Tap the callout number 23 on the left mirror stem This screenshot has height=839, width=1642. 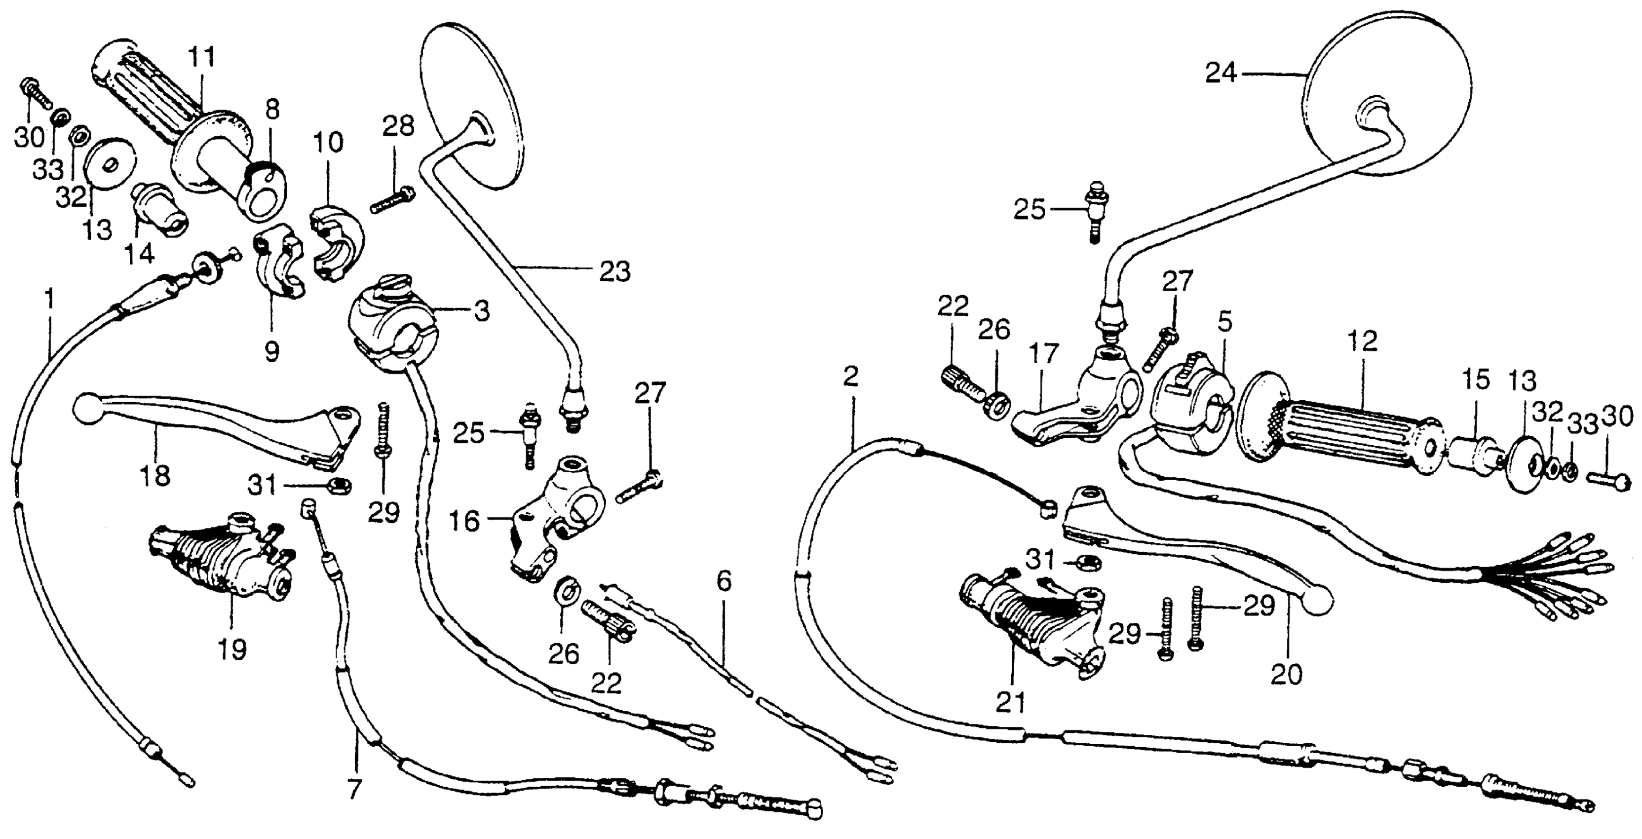[614, 271]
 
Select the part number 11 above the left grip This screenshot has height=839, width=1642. [201, 57]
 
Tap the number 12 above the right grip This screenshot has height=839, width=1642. [1363, 341]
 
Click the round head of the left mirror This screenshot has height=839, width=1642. [472, 105]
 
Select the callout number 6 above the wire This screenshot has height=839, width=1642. [724, 581]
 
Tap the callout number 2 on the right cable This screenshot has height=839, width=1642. [850, 378]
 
